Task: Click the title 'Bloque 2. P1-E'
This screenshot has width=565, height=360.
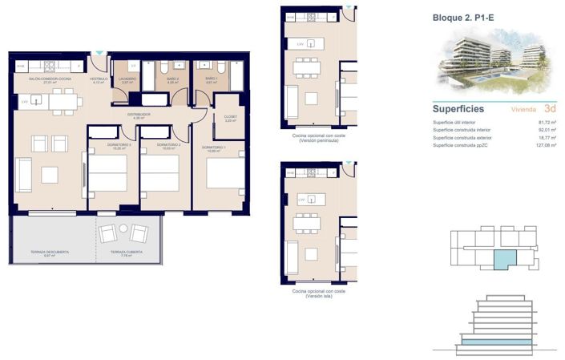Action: (462, 17)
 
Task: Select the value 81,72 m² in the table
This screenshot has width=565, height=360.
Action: (547, 122)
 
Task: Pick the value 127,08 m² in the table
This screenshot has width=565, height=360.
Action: (546, 146)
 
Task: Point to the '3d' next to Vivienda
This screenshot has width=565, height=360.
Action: (550, 107)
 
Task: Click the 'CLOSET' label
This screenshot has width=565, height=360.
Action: (230, 117)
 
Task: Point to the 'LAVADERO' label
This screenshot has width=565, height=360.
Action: (128, 80)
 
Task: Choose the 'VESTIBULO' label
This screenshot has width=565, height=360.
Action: (99, 79)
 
